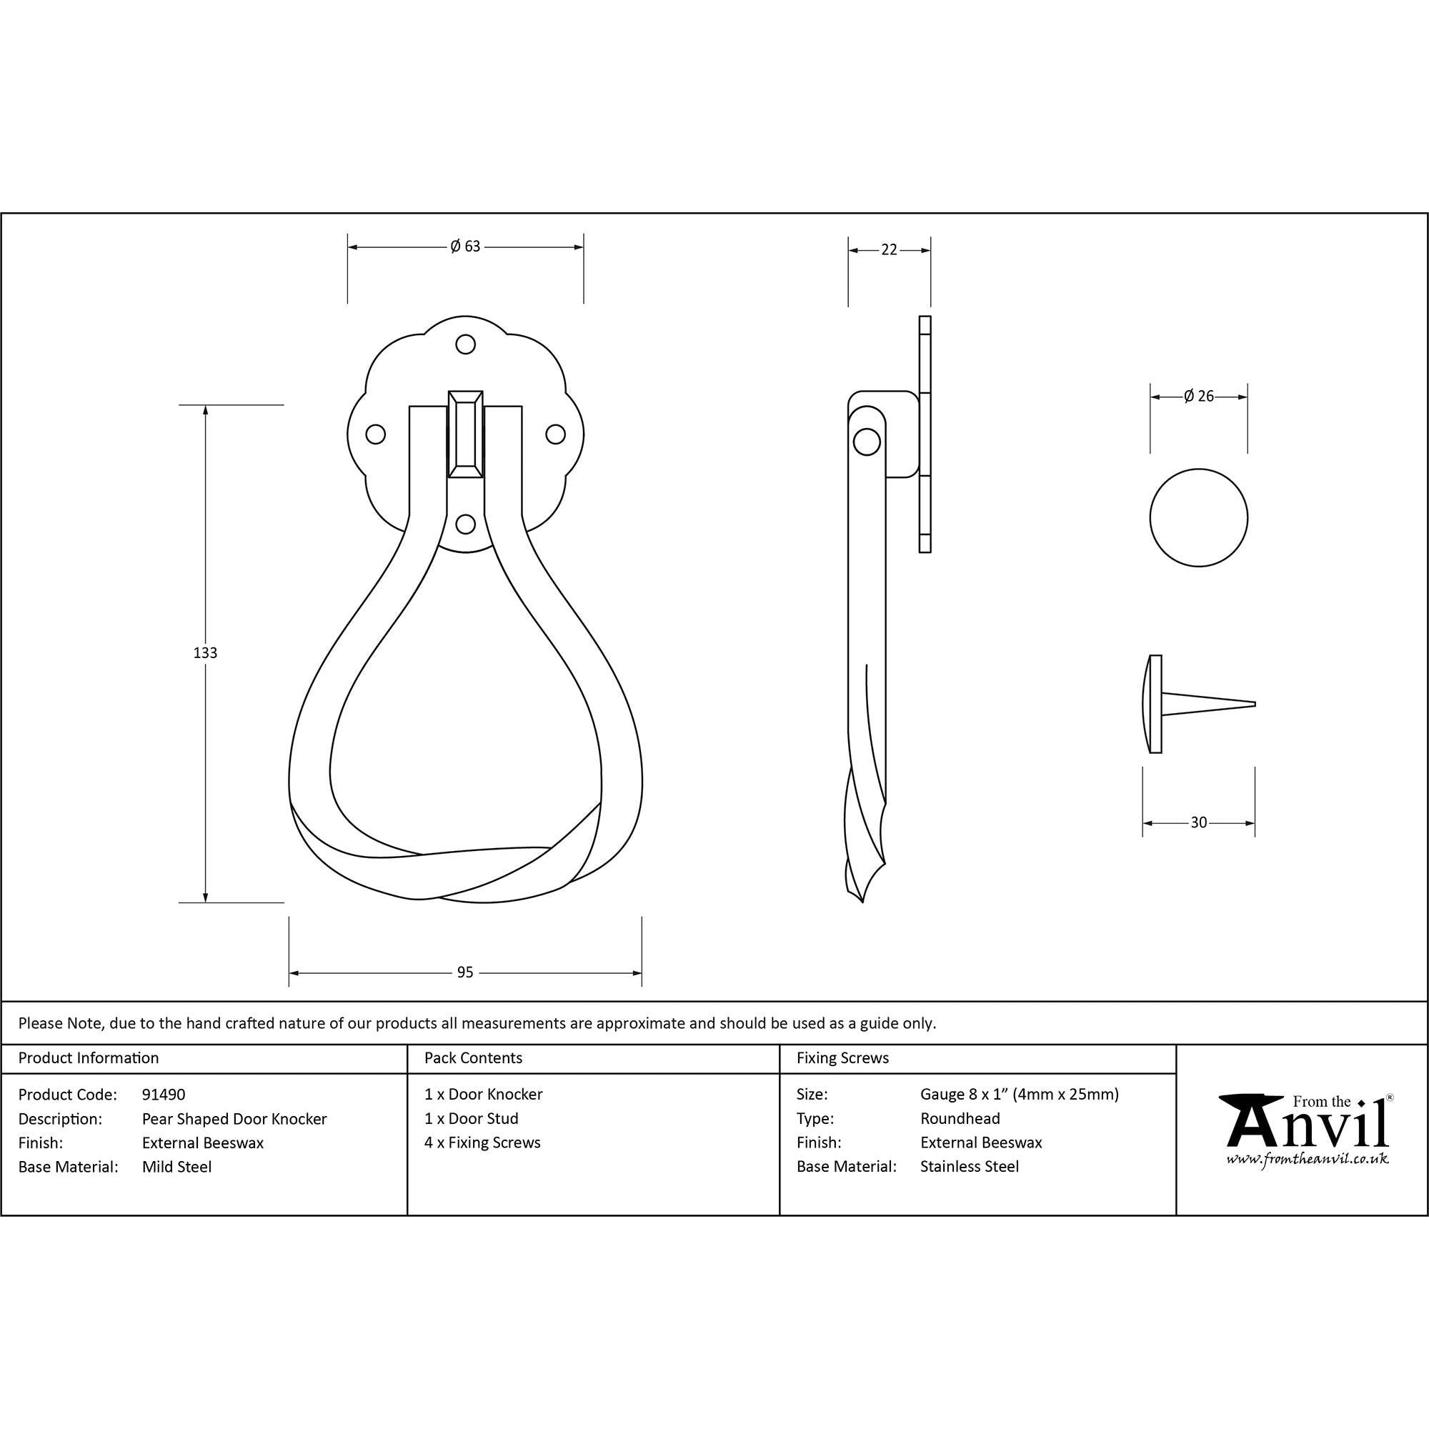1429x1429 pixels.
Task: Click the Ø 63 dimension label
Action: (x=465, y=247)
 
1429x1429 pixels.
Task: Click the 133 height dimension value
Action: (x=205, y=653)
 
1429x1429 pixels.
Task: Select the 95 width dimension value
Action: (x=464, y=972)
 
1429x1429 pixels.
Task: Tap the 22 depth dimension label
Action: (x=889, y=250)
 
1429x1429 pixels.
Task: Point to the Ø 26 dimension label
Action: (x=1198, y=397)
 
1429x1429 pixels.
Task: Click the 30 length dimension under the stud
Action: (x=1198, y=822)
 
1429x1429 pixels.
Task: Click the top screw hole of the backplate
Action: (x=465, y=344)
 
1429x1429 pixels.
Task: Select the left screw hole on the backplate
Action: (x=376, y=434)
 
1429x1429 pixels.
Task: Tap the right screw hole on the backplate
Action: (x=555, y=434)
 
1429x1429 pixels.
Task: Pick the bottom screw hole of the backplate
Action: (x=465, y=524)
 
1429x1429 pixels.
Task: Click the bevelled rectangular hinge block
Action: (x=465, y=434)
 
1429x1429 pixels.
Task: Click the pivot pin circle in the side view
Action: (x=867, y=442)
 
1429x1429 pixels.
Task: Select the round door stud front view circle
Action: (x=1198, y=518)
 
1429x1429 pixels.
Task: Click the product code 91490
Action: (x=164, y=1095)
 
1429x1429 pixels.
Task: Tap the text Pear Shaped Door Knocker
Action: (x=234, y=1119)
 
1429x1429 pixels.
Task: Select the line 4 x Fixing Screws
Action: (x=482, y=1142)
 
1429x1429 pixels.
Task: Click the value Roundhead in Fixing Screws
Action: (x=960, y=1119)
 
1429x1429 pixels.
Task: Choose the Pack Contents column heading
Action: (x=474, y=1058)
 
